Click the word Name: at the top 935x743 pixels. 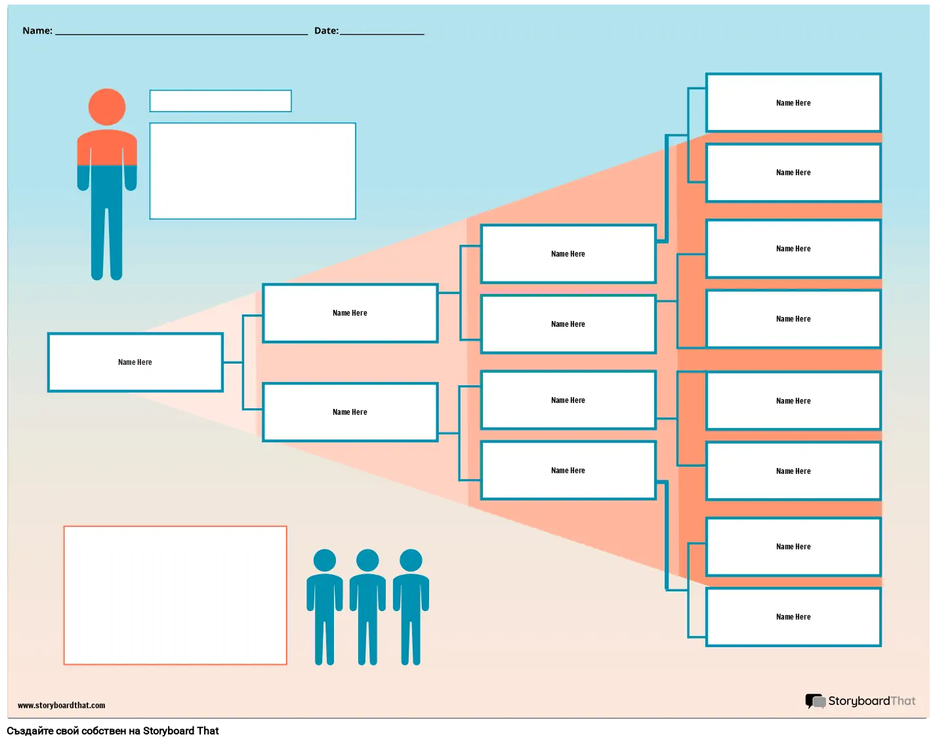pyautogui.click(x=37, y=31)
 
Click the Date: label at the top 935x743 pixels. pyautogui.click(x=326, y=31)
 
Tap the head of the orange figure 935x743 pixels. pyautogui.click(x=107, y=107)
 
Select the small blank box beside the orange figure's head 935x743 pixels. pyautogui.click(x=220, y=101)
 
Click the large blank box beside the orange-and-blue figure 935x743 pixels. pyautogui.click(x=253, y=171)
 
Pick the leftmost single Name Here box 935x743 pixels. pyautogui.click(x=135, y=362)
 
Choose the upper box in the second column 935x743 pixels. pyautogui.click(x=350, y=313)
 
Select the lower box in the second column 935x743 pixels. pyautogui.click(x=350, y=412)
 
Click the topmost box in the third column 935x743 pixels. pyautogui.click(x=568, y=254)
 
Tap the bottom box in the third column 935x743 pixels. pyautogui.click(x=568, y=471)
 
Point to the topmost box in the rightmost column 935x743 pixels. pyautogui.click(x=793, y=103)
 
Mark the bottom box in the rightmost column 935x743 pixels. pyautogui.click(x=793, y=617)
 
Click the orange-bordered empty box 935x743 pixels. pyautogui.click(x=175, y=595)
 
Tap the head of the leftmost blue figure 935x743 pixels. pyautogui.click(x=325, y=561)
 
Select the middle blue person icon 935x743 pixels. pyautogui.click(x=367, y=607)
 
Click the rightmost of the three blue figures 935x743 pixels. pyautogui.click(x=411, y=607)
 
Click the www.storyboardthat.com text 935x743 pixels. pyautogui.click(x=62, y=706)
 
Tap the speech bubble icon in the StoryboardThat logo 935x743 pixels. pyautogui.click(x=815, y=701)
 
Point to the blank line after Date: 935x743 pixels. pyautogui.click(x=382, y=31)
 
